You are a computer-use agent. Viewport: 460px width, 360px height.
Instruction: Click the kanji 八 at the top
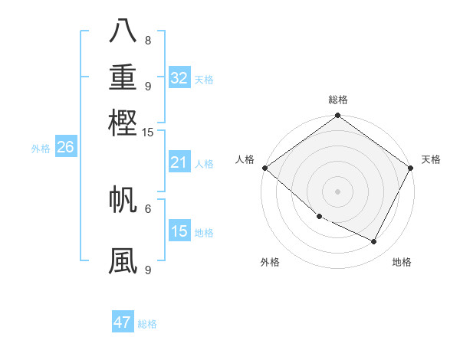click(x=123, y=31)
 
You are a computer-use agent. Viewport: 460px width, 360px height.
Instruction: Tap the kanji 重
click(x=123, y=77)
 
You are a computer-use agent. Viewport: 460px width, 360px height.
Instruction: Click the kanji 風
click(x=123, y=260)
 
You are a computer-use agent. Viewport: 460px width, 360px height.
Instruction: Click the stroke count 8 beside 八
click(x=148, y=41)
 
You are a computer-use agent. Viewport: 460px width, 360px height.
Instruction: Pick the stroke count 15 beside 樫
click(x=148, y=132)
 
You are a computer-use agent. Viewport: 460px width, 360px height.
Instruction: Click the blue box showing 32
click(x=179, y=78)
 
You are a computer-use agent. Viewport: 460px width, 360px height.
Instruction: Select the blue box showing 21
click(x=179, y=162)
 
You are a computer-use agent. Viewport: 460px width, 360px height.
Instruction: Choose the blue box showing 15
click(x=179, y=231)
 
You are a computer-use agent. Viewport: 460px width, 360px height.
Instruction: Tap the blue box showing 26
click(x=65, y=148)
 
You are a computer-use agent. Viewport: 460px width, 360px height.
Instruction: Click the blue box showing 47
click(x=123, y=322)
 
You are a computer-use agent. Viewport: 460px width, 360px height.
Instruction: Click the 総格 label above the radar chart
click(x=337, y=100)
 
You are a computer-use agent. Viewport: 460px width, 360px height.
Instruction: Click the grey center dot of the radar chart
click(x=337, y=191)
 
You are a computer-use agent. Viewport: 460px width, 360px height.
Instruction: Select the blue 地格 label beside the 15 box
click(x=204, y=233)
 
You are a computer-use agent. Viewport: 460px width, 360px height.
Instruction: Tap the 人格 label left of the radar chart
click(x=245, y=159)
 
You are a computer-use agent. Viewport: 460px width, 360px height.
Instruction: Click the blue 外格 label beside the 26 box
click(x=41, y=149)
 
